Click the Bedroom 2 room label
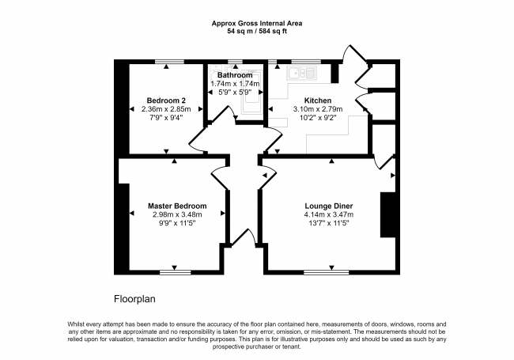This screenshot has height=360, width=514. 166,100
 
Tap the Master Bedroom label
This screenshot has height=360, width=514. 177,206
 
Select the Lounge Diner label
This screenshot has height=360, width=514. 329,206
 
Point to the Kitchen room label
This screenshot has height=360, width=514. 318,100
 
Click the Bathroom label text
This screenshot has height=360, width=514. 235,75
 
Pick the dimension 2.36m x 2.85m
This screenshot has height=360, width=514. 166,109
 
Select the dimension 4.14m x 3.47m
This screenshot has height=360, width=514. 329,214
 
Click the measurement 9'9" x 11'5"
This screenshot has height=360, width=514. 177,223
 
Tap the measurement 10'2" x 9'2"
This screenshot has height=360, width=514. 318,117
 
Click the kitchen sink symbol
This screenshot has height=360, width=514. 302,73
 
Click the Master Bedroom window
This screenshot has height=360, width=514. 176,272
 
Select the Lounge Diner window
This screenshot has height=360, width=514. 326,272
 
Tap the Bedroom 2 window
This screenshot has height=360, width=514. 169,62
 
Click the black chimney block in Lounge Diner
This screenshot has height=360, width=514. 388,214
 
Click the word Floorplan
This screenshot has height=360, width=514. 134,299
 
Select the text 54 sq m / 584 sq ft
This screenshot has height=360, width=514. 257,32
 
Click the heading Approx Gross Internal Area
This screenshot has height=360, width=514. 257,23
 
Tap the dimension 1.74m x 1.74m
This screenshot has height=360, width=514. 235,84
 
